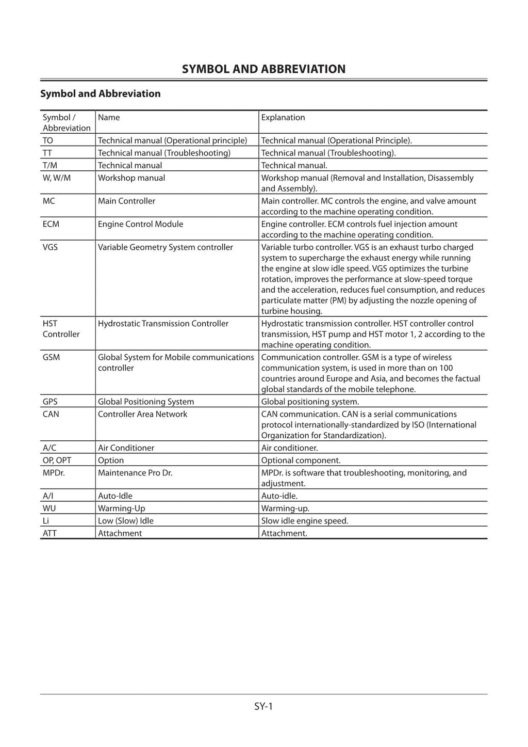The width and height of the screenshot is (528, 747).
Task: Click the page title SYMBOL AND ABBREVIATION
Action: (x=263, y=69)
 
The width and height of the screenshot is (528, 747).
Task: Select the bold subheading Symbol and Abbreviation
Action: (x=101, y=93)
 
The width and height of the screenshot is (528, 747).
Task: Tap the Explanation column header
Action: (x=283, y=118)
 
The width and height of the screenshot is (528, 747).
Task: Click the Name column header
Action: (x=109, y=118)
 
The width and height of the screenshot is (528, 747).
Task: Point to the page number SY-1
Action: (x=263, y=706)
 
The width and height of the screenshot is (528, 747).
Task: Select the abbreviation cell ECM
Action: (x=51, y=224)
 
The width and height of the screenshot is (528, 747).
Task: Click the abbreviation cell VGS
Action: (x=50, y=247)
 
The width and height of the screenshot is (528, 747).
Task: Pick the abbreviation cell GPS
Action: (x=50, y=402)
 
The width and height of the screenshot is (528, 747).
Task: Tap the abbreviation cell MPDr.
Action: (x=54, y=473)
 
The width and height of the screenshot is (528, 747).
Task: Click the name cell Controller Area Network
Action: (x=142, y=414)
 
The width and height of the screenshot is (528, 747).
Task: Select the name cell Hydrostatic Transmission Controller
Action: (x=163, y=324)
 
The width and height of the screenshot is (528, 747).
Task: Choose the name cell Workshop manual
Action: (x=131, y=178)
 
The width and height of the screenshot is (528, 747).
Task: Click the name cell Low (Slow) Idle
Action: (x=126, y=521)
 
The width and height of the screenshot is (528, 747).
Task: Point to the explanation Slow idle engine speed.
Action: (x=304, y=521)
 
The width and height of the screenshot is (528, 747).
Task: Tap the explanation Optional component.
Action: (x=301, y=460)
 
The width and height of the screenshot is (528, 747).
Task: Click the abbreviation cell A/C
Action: (x=49, y=448)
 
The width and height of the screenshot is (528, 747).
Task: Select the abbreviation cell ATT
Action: (x=49, y=533)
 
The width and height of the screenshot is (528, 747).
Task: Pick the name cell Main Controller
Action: (x=126, y=201)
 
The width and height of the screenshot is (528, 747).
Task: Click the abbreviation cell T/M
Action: (x=50, y=166)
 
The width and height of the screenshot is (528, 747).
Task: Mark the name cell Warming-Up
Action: (x=122, y=508)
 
